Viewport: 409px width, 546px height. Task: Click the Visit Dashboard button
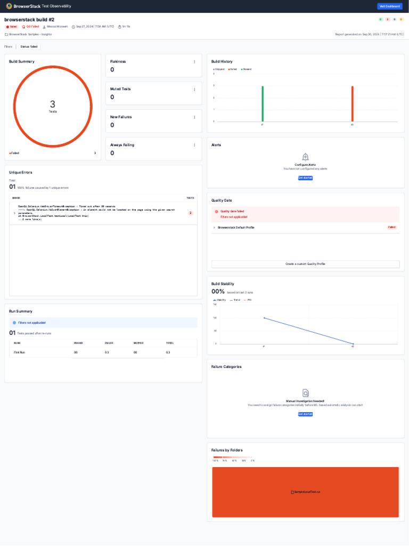[x=389, y=6]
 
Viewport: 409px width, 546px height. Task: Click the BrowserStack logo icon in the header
[x=9, y=6]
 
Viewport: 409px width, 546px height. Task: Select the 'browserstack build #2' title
[x=29, y=20]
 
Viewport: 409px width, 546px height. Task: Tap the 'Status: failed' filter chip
[x=29, y=47]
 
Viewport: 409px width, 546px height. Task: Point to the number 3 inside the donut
[x=52, y=105]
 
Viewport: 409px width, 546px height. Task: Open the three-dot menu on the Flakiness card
[x=194, y=62]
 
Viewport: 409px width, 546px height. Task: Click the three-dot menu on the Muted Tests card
[x=194, y=90]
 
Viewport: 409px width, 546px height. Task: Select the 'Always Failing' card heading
[x=122, y=145]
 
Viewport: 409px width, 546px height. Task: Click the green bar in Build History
[x=263, y=103]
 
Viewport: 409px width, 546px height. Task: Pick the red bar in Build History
[x=352, y=103]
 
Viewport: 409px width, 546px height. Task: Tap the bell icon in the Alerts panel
[x=305, y=157]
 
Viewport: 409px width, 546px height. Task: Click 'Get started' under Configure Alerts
[x=305, y=178]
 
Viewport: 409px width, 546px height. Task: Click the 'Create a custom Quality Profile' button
[x=305, y=264]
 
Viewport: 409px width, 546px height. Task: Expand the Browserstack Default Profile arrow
[x=214, y=228]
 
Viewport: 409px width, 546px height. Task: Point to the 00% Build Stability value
[x=218, y=292]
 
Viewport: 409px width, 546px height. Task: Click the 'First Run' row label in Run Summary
[x=19, y=352]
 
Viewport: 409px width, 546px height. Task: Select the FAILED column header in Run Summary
[x=109, y=343]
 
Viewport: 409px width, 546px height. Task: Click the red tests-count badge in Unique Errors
[x=191, y=213]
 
